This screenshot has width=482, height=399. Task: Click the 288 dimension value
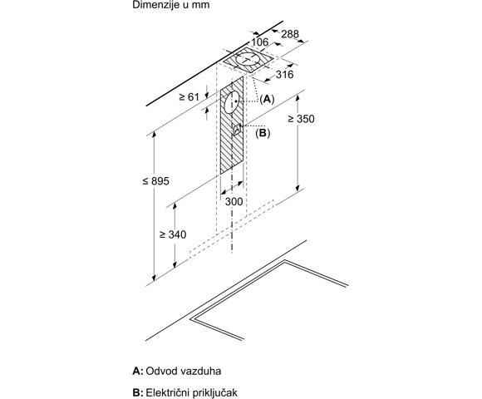point(290,34)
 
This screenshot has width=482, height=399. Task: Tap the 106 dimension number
point(260,42)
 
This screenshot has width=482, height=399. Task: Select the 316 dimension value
point(285,74)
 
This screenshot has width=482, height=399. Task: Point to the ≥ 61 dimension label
point(189,97)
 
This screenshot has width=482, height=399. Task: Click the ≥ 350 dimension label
point(301,119)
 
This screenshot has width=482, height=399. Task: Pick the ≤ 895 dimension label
point(156,181)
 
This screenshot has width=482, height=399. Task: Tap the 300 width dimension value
point(234,202)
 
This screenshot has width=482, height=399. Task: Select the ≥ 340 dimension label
point(173,234)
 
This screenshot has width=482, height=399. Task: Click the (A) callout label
point(267,99)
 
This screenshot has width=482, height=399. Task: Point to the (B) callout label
point(263,133)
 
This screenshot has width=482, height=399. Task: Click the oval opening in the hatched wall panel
point(232,101)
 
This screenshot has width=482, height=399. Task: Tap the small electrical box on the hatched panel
point(237,129)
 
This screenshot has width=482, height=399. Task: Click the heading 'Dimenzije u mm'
point(171,5)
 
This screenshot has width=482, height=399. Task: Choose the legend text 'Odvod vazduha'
point(183,371)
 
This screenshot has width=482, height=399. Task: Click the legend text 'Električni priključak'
point(191,392)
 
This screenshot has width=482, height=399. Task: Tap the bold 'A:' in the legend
point(138,371)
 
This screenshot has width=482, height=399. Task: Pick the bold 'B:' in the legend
point(138,392)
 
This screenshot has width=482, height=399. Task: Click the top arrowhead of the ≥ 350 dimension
point(298,98)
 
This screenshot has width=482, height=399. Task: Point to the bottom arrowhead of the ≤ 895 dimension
point(154,278)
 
